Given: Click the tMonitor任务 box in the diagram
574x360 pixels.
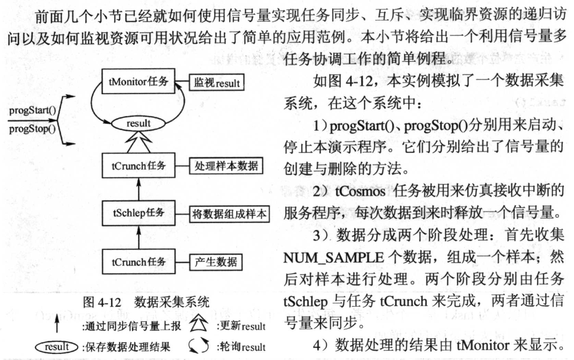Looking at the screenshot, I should pos(138,82).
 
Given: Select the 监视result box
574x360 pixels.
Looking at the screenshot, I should pos(216,83).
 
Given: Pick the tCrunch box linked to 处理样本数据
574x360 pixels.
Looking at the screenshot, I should pos(138,166).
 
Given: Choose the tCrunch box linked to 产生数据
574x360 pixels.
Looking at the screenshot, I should pos(138,262).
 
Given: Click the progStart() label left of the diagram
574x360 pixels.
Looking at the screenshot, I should pos(33,111).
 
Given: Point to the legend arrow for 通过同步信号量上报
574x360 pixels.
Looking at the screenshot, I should pos(57,327).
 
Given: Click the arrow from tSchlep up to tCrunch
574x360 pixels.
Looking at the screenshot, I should pos(138,188).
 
